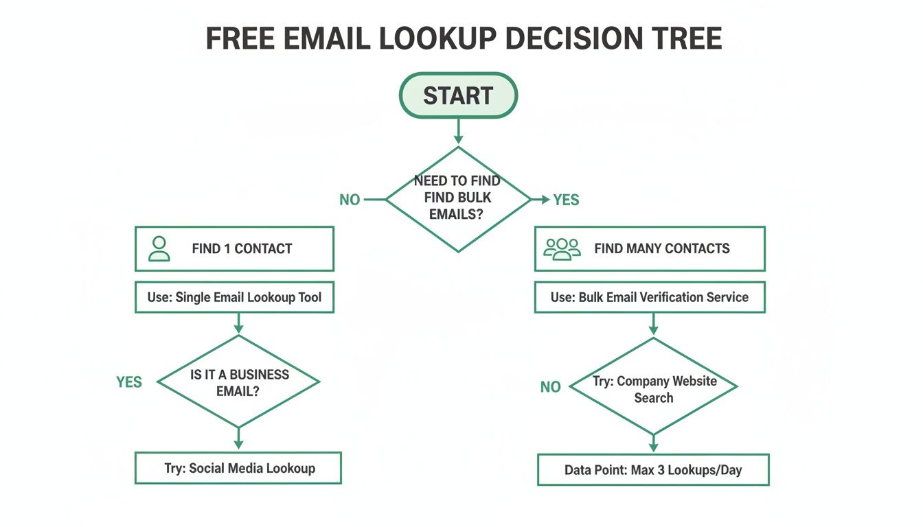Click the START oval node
[x=458, y=95]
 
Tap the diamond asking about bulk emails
[x=458, y=199]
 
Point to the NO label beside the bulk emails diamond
[x=350, y=200]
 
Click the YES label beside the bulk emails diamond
[x=567, y=200]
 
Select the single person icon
[x=159, y=248]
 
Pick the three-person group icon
[x=562, y=248]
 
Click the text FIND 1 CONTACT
[x=242, y=249]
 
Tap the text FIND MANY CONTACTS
[x=661, y=249]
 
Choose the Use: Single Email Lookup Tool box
[x=234, y=297]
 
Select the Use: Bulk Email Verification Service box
[x=650, y=297]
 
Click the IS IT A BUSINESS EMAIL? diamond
[x=238, y=382]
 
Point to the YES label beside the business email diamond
[x=129, y=382]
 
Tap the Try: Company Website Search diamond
[x=653, y=388]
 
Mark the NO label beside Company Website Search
[x=550, y=387]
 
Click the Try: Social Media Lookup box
[x=238, y=468]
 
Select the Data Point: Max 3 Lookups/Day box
[x=653, y=470]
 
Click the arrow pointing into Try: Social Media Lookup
[x=238, y=438]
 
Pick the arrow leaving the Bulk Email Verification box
[x=653, y=324]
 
